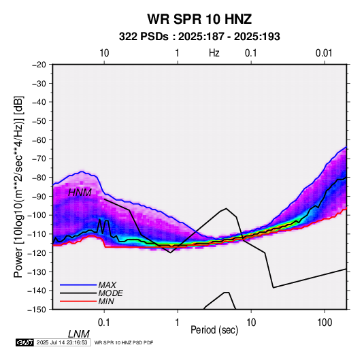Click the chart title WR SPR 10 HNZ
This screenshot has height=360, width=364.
pyautogui.click(x=199, y=19)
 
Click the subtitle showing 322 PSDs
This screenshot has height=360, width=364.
pyautogui.click(x=199, y=37)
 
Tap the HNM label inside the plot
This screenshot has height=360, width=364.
pyautogui.click(x=80, y=193)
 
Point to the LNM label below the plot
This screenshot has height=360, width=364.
pyautogui.click(x=78, y=334)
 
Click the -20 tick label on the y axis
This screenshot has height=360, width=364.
pyautogui.click(x=39, y=65)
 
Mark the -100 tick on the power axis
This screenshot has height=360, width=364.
pyautogui.click(x=37, y=215)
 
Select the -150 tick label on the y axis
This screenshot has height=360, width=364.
pyautogui.click(x=37, y=310)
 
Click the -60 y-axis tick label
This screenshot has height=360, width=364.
pyautogui.click(x=39, y=140)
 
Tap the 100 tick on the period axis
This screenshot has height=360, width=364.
pyautogui.click(x=325, y=323)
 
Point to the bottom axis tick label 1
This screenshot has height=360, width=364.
pyautogui.click(x=178, y=323)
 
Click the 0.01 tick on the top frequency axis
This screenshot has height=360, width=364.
pyautogui.click(x=324, y=53)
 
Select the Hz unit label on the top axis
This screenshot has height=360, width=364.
pyautogui.click(x=214, y=53)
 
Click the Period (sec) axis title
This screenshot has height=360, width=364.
pyautogui.click(x=214, y=330)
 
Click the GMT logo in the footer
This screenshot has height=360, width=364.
pyautogui.click(x=24, y=342)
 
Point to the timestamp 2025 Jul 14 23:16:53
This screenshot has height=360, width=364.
pyautogui.click(x=62, y=342)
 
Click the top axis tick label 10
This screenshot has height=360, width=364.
pyautogui.click(x=104, y=53)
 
